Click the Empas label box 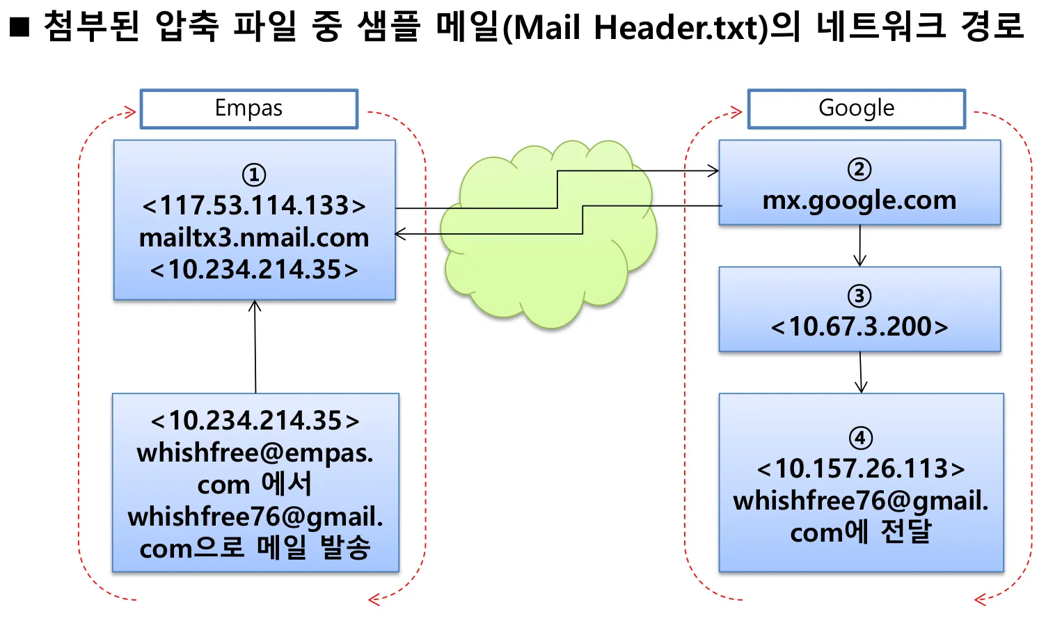(248, 109)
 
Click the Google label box (856, 109)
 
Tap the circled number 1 (253, 174)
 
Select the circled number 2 (859, 169)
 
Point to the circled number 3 (859, 296)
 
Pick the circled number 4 (860, 438)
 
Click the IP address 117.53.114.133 (254, 205)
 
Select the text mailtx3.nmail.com (254, 238)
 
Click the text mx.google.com (859, 201)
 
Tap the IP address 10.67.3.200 (859, 327)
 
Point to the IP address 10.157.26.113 (861, 469)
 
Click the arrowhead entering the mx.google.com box (713, 171)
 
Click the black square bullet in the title (19, 26)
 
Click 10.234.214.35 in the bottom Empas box (255, 420)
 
